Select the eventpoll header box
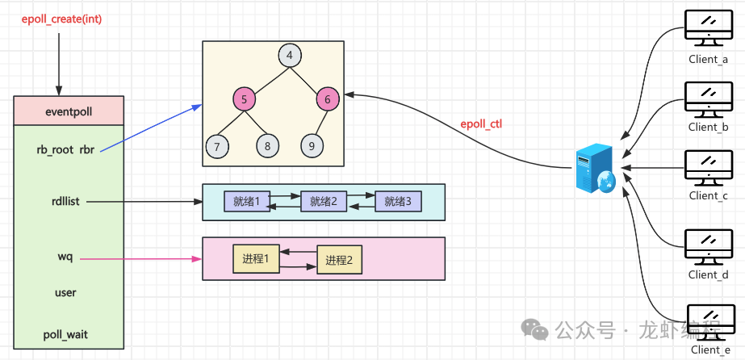click(69, 111)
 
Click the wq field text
click(65, 257)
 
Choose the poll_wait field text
click(65, 333)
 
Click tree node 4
click(289, 57)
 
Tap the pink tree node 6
click(328, 99)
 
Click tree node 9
click(312, 146)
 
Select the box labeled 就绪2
click(323, 202)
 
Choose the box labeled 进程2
click(340, 260)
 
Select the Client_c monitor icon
click(707, 167)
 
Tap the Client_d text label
click(708, 275)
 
